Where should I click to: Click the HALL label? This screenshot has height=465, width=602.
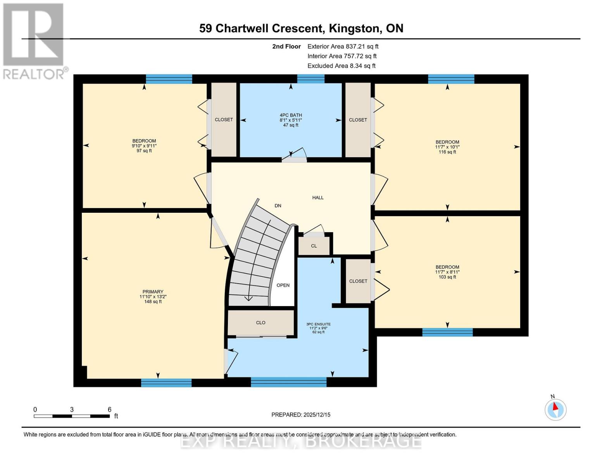coord(318,198)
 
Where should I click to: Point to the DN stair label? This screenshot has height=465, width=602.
coord(278,206)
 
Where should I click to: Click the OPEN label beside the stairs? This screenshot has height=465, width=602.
coord(283,285)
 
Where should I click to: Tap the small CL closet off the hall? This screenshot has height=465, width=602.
coord(314,246)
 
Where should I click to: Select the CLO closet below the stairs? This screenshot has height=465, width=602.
coord(260,322)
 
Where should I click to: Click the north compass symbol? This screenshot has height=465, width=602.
coord(555,409)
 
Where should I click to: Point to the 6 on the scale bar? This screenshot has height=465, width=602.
coord(109,410)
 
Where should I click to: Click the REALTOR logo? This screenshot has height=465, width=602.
coord(33,41)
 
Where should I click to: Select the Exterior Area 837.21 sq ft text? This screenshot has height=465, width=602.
coord(343,46)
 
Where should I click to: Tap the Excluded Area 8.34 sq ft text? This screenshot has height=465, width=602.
coord(341,66)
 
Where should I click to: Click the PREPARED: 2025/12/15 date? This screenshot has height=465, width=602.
coord(301,415)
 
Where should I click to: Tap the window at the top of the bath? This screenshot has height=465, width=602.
coord(310,79)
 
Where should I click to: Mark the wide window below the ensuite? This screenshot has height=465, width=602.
coord(288,382)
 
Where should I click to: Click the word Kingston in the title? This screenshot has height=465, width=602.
coord(354,28)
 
